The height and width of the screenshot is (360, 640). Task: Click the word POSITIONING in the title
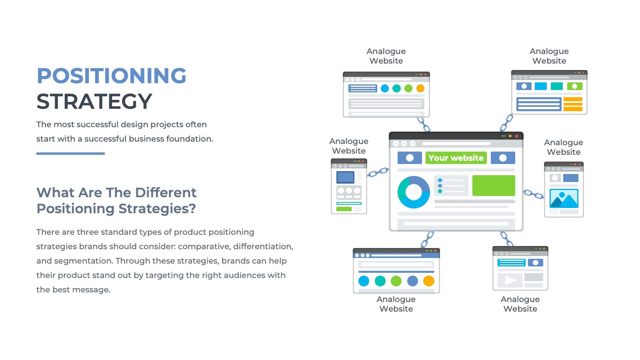click(x=112, y=76)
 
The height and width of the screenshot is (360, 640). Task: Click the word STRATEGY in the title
click(x=94, y=102)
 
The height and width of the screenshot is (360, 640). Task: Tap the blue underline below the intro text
click(x=70, y=154)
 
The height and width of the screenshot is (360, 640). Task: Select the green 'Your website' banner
click(x=456, y=158)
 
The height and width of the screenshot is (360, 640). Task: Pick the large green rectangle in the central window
click(x=494, y=186)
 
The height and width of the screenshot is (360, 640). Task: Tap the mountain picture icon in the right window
click(x=564, y=198)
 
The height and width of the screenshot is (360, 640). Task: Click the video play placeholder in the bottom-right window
click(x=510, y=280)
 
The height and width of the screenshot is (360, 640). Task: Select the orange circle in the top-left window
click(x=420, y=88)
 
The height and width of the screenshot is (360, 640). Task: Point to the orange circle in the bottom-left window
click(x=428, y=281)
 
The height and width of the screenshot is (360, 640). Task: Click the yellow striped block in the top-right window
click(x=573, y=104)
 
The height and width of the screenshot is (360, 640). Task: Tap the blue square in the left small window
click(x=345, y=177)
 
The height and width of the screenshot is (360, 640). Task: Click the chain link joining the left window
click(x=378, y=172)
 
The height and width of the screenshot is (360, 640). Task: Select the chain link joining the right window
click(x=534, y=194)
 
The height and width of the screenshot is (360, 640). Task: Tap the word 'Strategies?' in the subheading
click(x=157, y=209)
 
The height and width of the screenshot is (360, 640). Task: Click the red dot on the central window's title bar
click(x=516, y=136)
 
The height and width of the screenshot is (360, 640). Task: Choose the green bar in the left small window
click(x=344, y=209)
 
